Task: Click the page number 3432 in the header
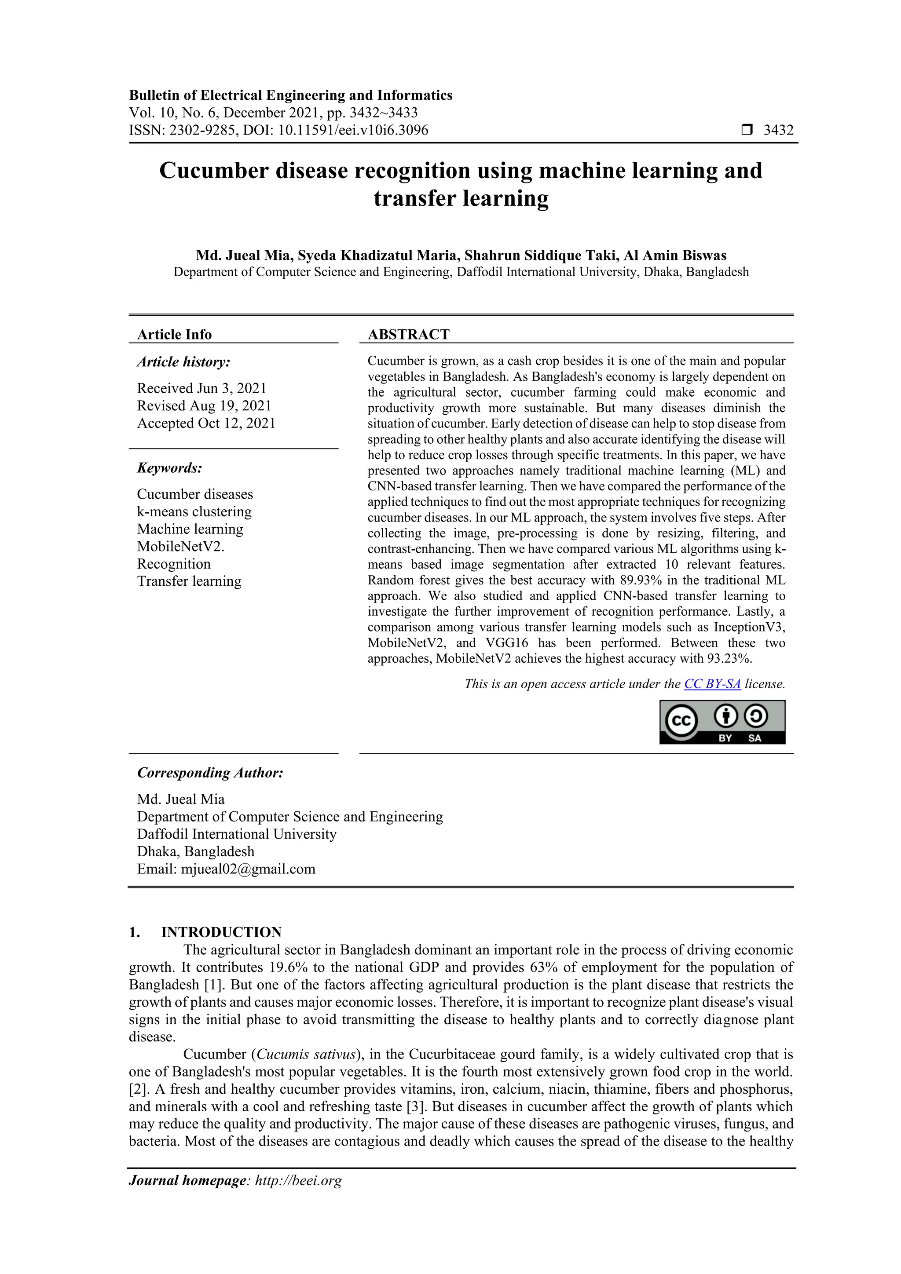(778, 131)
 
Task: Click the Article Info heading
(174, 335)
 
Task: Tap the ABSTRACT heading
(409, 335)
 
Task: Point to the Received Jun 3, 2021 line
(201, 388)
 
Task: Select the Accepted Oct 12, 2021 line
(206, 423)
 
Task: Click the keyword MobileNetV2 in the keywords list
(180, 547)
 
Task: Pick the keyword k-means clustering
(194, 511)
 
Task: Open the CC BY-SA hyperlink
(712, 684)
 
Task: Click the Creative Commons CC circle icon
(681, 720)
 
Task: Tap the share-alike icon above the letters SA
(755, 716)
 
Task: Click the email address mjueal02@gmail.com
(248, 869)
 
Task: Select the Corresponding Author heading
(210, 773)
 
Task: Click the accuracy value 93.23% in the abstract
(729, 659)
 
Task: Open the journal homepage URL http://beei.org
(298, 1181)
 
